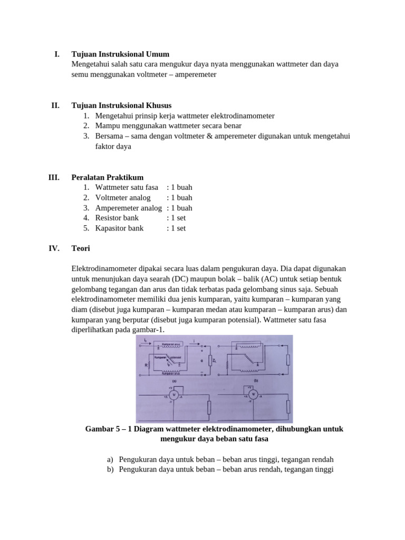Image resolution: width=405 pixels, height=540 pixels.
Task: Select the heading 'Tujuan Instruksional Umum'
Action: click(120, 54)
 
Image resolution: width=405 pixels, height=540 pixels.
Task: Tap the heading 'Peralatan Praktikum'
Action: click(108, 178)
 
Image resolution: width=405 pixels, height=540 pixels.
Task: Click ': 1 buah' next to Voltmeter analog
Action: click(179, 198)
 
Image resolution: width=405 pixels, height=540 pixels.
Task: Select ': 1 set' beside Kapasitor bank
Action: click(176, 228)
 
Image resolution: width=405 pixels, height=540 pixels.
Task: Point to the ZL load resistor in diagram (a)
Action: click(210, 361)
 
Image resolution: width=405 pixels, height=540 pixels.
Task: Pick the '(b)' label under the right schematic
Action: click(255, 380)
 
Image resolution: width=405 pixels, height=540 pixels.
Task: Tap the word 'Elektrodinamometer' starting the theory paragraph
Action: click(107, 269)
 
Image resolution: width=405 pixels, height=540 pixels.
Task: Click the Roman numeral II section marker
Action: click(55, 105)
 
